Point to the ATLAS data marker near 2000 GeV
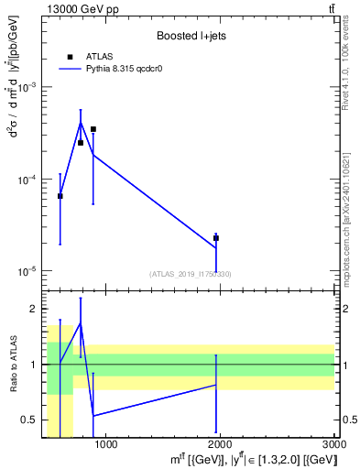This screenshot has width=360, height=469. tap(216, 238)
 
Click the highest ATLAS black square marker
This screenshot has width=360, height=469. tap(93, 129)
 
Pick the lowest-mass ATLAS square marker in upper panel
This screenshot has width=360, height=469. tap(60, 196)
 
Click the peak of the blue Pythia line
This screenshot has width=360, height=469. tap(81, 122)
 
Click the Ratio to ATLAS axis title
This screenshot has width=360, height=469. tap(13, 365)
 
